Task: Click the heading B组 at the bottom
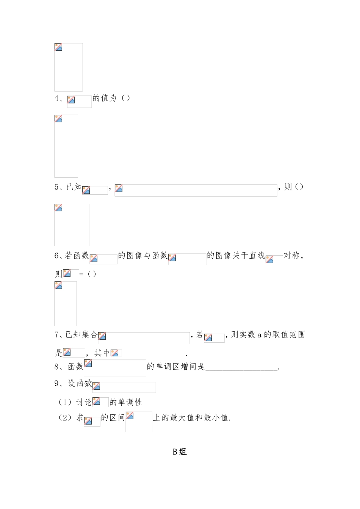point(180,451)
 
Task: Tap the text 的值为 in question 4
point(104,98)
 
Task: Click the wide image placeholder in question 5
point(196,190)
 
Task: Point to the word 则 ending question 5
point(288,187)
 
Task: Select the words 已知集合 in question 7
point(81,334)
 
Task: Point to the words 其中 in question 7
point(102,353)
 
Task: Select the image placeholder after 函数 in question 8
point(115,367)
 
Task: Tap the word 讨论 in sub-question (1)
point(84,402)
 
